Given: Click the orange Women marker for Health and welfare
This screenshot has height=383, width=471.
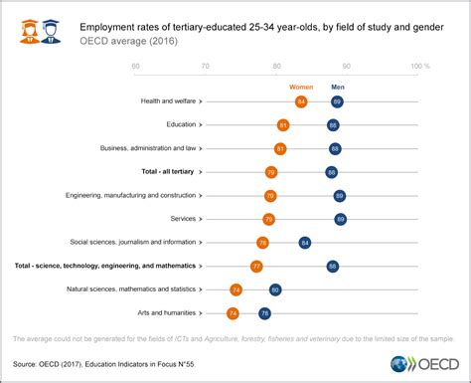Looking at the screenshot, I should (x=301, y=101).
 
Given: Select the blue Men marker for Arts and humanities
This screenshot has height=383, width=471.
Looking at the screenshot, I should (x=264, y=313).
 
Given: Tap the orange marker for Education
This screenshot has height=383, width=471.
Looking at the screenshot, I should (x=283, y=125).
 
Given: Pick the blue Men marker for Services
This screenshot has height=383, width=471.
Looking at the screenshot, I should (x=340, y=219).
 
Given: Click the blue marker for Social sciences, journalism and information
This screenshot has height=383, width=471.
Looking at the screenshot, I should (x=305, y=243).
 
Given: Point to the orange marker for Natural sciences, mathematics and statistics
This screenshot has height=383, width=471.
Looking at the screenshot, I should (x=235, y=289).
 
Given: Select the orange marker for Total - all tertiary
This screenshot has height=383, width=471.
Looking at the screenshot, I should (x=270, y=172).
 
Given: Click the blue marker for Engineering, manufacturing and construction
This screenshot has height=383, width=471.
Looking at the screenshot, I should (x=339, y=196).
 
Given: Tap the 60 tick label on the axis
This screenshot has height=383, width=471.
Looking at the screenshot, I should (x=135, y=67).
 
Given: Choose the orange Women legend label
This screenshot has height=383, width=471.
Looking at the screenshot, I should (x=300, y=87).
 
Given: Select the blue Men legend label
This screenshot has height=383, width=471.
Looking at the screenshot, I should (x=337, y=87).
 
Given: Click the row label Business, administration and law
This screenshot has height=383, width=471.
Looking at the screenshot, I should (x=149, y=148).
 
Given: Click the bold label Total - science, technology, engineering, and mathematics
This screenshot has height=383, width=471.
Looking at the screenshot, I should (x=104, y=267).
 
